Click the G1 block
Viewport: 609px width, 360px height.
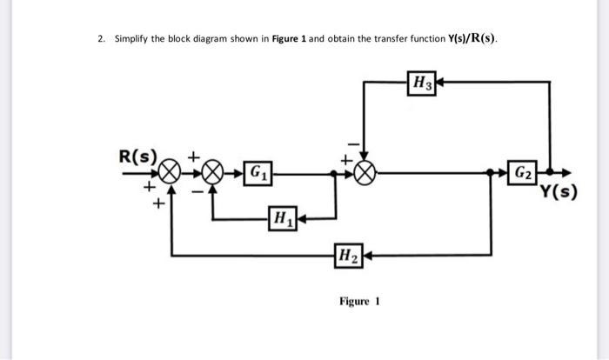coord(258,172)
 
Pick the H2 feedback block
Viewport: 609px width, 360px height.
coord(346,256)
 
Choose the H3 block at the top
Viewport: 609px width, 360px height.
coord(421,83)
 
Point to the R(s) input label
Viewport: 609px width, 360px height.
coord(137,157)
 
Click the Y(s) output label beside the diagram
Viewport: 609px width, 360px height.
coord(559,192)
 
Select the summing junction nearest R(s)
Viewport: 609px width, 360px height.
coord(172,172)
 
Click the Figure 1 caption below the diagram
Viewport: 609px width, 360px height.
coord(359,302)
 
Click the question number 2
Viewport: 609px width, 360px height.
coord(101,39)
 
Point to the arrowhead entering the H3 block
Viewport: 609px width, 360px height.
coord(438,83)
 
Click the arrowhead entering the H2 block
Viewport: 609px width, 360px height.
coord(365,256)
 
